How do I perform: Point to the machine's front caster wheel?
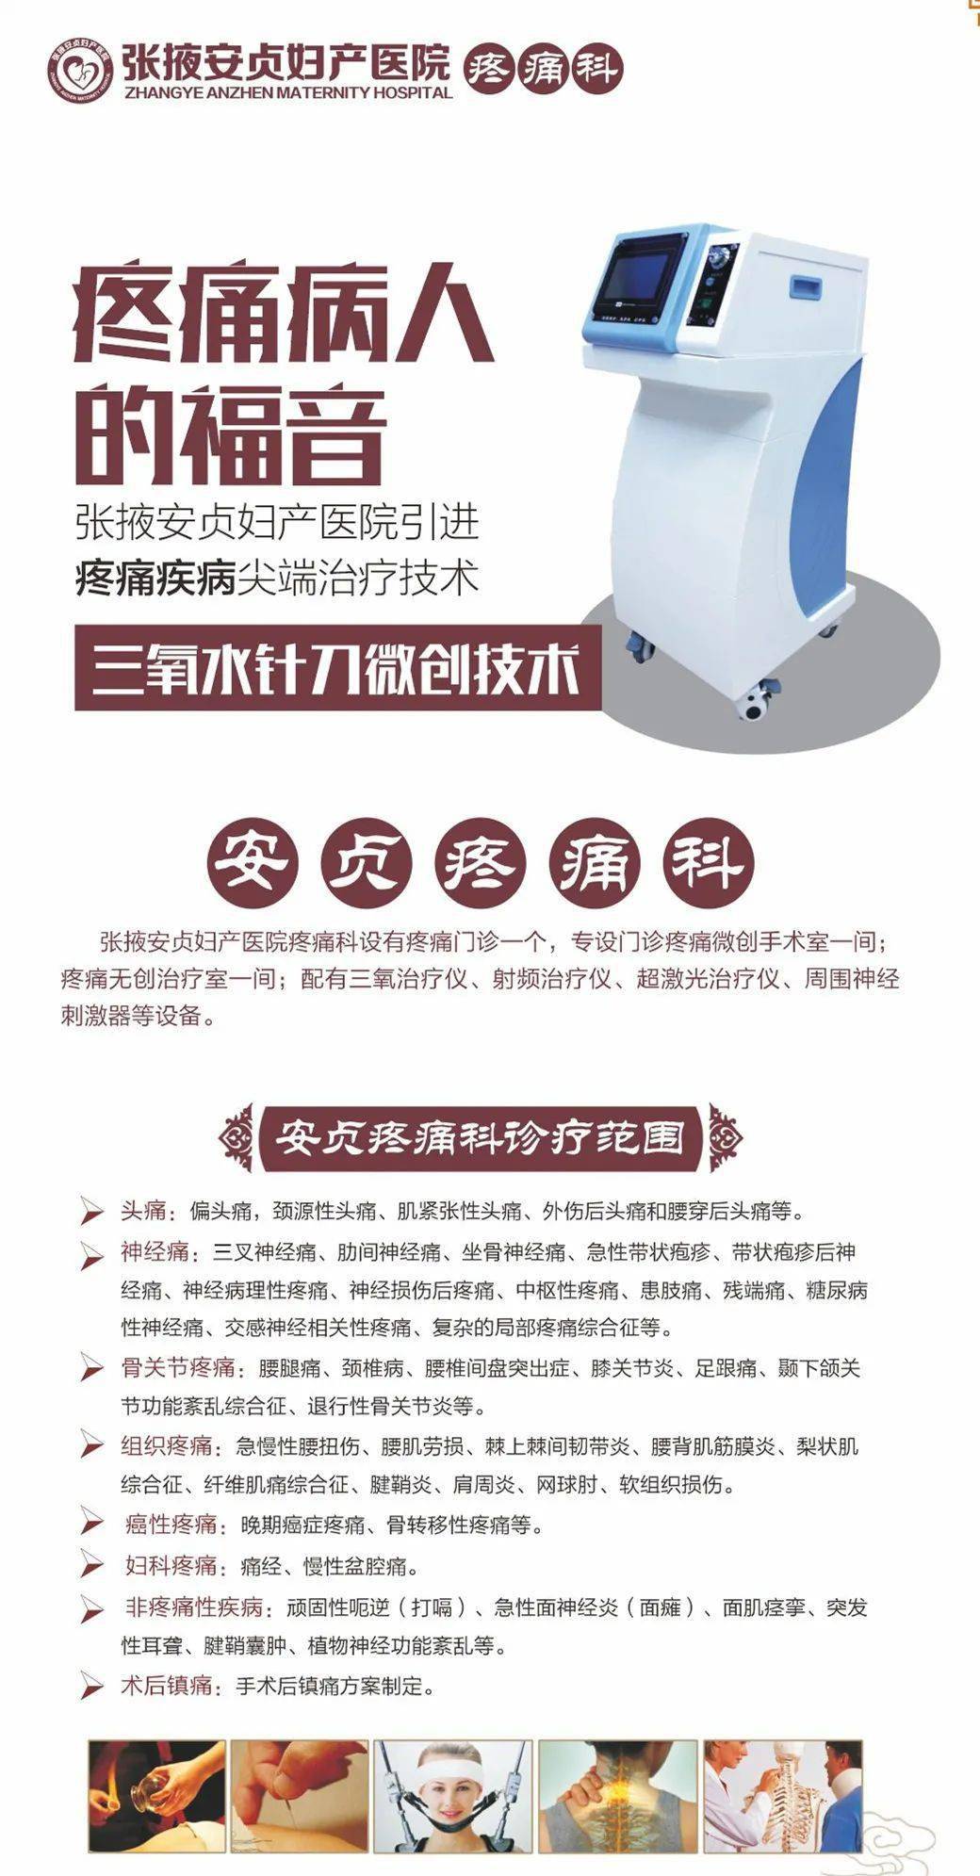754,704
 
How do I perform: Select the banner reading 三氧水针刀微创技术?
337,670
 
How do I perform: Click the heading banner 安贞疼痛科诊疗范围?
481,1138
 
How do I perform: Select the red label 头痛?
143,1211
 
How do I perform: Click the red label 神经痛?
155,1252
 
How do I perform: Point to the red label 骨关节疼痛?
178,1368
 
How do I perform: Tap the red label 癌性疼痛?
171,1525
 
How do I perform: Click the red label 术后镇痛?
167,1686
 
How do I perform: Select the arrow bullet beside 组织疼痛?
91,1444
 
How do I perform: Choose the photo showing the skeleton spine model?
782,1795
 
